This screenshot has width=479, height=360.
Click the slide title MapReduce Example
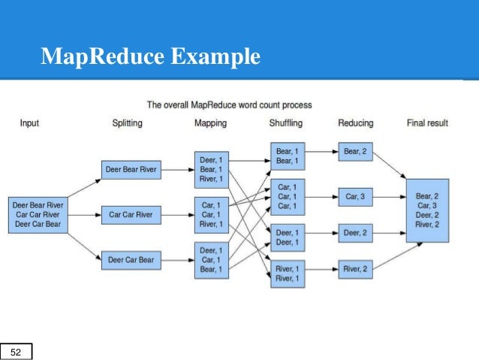click(150, 56)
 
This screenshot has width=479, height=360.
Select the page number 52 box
click(16, 352)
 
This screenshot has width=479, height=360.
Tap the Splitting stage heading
click(127, 123)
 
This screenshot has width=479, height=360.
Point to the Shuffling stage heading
click(286, 123)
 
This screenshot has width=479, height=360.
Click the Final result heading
click(427, 123)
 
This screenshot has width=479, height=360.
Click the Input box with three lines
click(38, 215)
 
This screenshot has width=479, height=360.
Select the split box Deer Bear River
click(131, 170)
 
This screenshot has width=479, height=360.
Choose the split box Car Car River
click(131, 215)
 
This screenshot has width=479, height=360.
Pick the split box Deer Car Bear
click(131, 260)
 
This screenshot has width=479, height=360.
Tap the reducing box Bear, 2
click(356, 152)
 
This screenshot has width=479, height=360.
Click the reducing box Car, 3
click(356, 197)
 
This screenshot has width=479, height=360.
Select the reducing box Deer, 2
click(356, 233)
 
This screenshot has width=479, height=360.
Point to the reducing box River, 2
click(356, 270)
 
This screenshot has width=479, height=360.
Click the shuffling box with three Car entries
click(288, 197)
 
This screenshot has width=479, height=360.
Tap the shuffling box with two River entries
click(288, 274)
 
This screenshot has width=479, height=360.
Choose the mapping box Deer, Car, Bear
click(212, 260)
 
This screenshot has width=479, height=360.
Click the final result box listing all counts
click(428, 210)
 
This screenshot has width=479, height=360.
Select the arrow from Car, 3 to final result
click(390, 197)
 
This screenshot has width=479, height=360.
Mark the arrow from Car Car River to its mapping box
click(178, 215)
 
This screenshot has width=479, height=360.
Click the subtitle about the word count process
click(230, 105)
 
